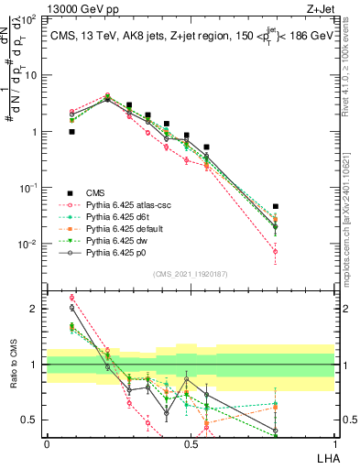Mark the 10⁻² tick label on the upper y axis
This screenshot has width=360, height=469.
[x=30, y=244]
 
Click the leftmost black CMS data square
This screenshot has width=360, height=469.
[x=71, y=132]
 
